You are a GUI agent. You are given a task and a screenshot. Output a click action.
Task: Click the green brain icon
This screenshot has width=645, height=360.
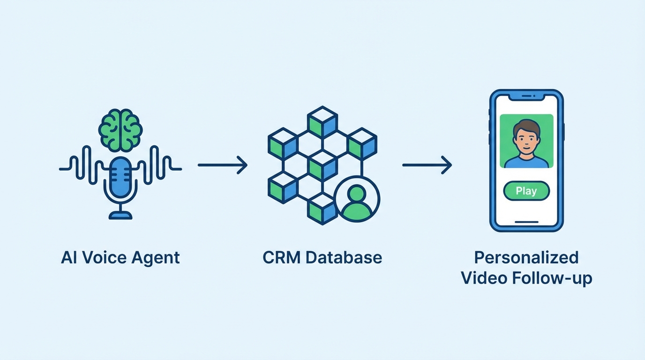point(120,130)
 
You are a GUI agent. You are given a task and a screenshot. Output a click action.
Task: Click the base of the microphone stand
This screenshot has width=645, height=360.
point(120,215)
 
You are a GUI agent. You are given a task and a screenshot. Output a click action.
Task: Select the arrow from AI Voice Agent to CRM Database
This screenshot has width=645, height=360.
point(223,165)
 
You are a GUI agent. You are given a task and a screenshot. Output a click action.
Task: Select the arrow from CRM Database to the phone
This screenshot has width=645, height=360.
point(427,165)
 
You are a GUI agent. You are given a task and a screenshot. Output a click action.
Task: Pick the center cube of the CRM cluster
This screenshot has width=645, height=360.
point(322,165)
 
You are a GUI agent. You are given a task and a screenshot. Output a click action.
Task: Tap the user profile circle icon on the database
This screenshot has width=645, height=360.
point(357,199)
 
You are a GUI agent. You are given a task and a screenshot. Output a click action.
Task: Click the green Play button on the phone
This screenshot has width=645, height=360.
point(526,191)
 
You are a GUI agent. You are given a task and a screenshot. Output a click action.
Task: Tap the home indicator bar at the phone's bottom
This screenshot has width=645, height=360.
point(526,222)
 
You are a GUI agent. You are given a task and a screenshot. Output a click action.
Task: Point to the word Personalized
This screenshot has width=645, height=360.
point(526,258)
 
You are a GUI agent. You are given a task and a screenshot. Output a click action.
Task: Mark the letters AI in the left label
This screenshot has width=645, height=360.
point(68,258)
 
